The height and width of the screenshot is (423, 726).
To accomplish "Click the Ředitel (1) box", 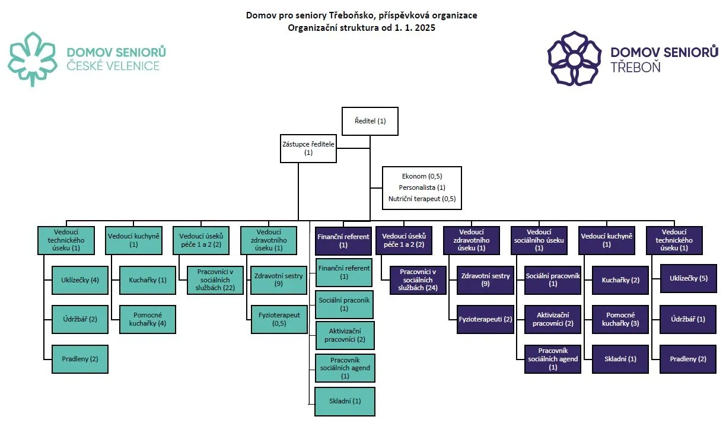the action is click(x=370, y=121).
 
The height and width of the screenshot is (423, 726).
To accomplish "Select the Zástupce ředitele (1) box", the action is click(x=308, y=148).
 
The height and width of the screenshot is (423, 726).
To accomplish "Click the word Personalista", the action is click(x=417, y=187).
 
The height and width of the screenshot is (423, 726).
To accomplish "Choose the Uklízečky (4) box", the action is click(x=79, y=280).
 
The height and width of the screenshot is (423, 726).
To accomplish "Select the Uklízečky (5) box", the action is click(x=689, y=278).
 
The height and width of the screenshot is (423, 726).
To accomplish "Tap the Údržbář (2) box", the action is click(x=79, y=319).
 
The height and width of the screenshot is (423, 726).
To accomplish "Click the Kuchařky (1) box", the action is click(x=148, y=280).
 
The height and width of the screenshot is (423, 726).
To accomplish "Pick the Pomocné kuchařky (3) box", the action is click(x=620, y=319).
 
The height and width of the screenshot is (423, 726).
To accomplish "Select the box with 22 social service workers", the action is click(x=215, y=280).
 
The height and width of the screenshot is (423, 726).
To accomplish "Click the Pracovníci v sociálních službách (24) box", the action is click(x=418, y=280).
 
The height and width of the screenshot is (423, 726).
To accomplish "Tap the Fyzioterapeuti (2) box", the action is click(x=485, y=319).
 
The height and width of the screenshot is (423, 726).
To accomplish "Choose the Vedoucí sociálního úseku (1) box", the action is click(x=539, y=240).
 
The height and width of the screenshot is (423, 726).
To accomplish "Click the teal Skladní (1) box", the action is click(x=345, y=401).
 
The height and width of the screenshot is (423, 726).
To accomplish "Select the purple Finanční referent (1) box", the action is click(x=343, y=241).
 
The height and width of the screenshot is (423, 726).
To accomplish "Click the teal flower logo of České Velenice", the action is click(x=33, y=59).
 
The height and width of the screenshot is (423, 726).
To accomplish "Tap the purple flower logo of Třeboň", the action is click(x=574, y=58).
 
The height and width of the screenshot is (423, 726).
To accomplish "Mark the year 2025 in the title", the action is click(x=425, y=27).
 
